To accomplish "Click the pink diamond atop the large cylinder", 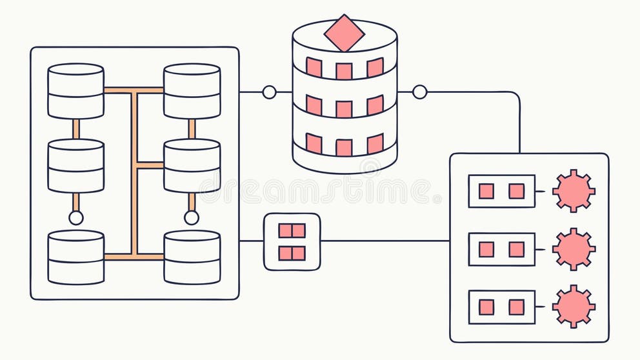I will (x=345, y=33).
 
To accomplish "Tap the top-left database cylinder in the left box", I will (x=75, y=91).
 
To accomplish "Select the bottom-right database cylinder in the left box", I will (x=192, y=257).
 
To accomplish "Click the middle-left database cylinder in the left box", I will (x=75, y=166).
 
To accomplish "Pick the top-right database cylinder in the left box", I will (x=192, y=91).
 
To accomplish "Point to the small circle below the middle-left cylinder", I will (x=75, y=217).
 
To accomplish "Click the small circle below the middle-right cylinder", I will (x=192, y=217).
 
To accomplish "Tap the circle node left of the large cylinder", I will (x=269, y=92).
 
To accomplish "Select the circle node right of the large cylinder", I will (x=419, y=92).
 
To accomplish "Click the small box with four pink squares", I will (x=292, y=241).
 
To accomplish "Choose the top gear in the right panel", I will (x=573, y=191).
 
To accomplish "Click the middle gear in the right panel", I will (x=573, y=249).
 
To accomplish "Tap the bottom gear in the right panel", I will (x=573, y=306).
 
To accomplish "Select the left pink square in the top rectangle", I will (x=486, y=191).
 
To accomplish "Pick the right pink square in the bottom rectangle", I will (x=516, y=307).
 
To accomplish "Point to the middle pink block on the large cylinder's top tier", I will (x=344, y=70).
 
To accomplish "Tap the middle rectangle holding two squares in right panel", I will (x=501, y=249).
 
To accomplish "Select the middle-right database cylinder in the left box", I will (x=192, y=166).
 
